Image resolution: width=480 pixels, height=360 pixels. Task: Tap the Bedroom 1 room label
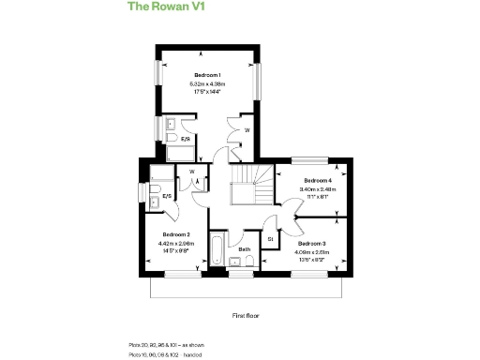pos(207,75)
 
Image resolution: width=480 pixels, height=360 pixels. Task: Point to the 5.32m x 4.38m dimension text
pos(207,84)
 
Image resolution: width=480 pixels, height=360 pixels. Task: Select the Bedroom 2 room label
pos(176,234)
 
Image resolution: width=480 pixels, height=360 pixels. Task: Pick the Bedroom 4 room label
pos(317,180)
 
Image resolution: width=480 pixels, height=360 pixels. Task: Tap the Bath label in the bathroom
pos(244,249)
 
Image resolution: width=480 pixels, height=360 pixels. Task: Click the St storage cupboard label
pos(272,238)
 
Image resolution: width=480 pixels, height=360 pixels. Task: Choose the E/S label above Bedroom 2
pos(166,197)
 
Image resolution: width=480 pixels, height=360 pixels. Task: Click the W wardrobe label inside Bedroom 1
pos(246,129)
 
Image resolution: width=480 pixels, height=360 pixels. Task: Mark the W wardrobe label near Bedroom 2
pos(191,172)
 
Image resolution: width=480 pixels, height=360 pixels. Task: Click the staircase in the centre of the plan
pos(251,184)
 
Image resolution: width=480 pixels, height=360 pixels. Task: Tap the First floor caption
pos(245,317)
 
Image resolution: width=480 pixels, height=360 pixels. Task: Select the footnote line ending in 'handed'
pos(166,354)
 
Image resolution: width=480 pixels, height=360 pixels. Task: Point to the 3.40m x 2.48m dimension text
pos(317,189)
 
